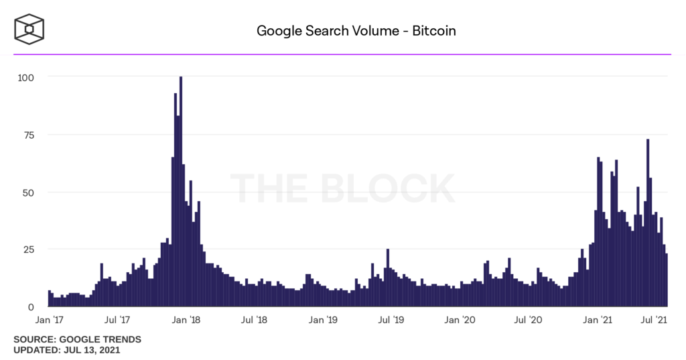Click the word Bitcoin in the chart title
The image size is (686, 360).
pos(433,31)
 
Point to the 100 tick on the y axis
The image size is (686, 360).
pos(25,77)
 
